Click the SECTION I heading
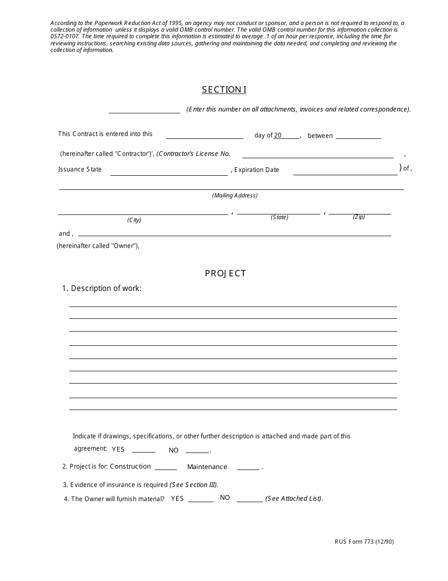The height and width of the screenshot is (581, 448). [224, 90]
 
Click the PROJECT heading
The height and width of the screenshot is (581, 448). [225, 273]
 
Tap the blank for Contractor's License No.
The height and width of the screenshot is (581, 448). [317, 155]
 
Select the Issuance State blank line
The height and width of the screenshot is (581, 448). [169, 172]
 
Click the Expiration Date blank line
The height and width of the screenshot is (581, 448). [345, 172]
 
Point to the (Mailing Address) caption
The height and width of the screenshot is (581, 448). [235, 196]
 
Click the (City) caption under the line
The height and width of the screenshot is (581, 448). [134, 220]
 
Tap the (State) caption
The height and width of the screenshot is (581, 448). [279, 217]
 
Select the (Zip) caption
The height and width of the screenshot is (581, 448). [359, 217]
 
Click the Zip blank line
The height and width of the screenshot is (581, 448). [359, 212]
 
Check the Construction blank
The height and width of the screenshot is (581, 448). [166, 467]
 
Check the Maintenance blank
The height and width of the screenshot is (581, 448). [248, 467]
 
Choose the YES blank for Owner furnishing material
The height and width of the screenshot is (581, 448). [201, 499]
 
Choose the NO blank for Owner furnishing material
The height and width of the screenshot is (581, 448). [249, 499]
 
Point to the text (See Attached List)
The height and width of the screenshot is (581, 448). [294, 499]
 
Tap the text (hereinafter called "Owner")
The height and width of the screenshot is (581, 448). [98, 246]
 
